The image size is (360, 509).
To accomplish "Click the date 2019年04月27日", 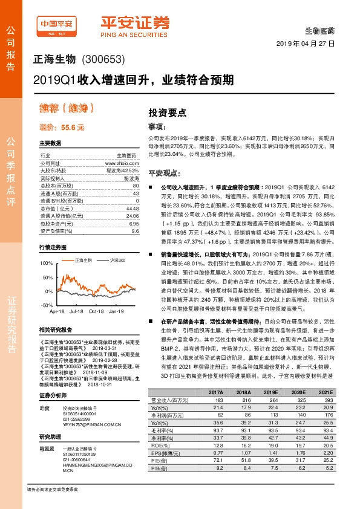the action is (312, 44).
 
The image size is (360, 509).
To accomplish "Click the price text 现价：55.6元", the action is (62, 128).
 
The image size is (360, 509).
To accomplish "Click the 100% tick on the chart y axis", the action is (46, 263).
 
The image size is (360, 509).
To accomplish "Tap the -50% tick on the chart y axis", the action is (47, 306).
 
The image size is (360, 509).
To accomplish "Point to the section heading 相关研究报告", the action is (55, 329).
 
